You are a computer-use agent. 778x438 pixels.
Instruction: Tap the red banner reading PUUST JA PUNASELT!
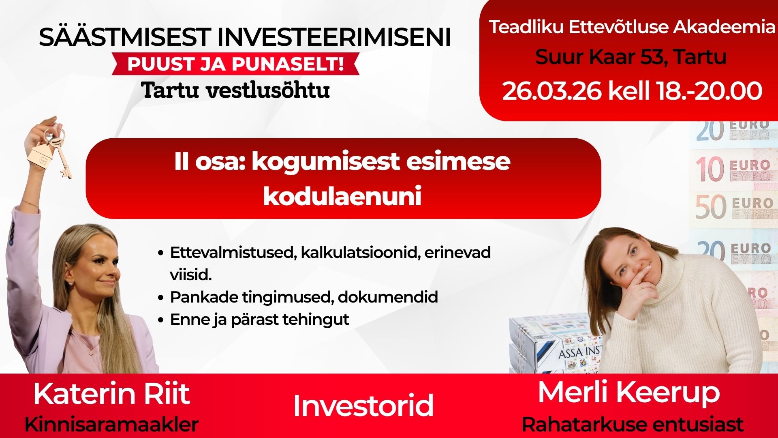(x=235, y=64)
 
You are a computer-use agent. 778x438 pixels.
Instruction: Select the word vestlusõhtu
(x=268, y=90)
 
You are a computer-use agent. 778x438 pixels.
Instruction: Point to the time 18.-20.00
(x=709, y=91)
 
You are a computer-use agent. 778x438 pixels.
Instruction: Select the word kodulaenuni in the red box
(x=342, y=196)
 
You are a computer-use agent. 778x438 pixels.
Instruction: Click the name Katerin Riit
(x=111, y=393)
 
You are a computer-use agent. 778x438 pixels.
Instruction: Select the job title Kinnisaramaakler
(x=111, y=425)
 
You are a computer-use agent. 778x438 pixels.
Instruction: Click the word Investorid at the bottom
(x=363, y=406)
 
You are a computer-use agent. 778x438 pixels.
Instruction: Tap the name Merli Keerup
(x=628, y=393)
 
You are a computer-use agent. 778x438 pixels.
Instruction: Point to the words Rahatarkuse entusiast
(x=632, y=425)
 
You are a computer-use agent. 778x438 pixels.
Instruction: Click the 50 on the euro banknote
(x=711, y=207)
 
